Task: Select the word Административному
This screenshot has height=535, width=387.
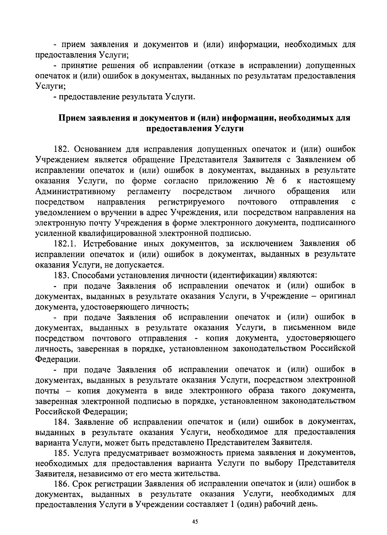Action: [75, 191]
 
